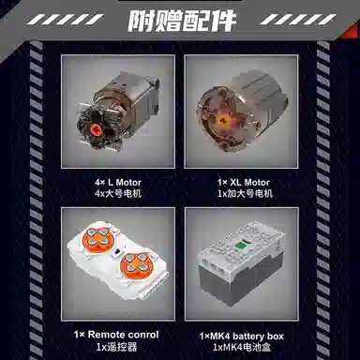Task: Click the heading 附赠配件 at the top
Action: tap(182, 21)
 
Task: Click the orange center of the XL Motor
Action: tap(223, 120)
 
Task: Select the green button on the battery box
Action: tap(240, 245)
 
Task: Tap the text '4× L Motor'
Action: tap(118, 182)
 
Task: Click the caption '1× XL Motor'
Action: tap(244, 182)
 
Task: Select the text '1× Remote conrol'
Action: tap(116, 335)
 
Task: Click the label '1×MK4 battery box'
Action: tap(242, 337)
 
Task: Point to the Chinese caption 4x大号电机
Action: tap(118, 193)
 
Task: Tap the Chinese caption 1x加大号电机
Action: tap(245, 193)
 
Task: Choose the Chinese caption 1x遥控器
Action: tap(116, 347)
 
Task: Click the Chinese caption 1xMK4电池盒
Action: tap(242, 347)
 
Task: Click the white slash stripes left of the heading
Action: tap(65, 20)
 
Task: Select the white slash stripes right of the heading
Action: tap(298, 20)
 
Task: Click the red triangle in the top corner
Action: tap(352, 32)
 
